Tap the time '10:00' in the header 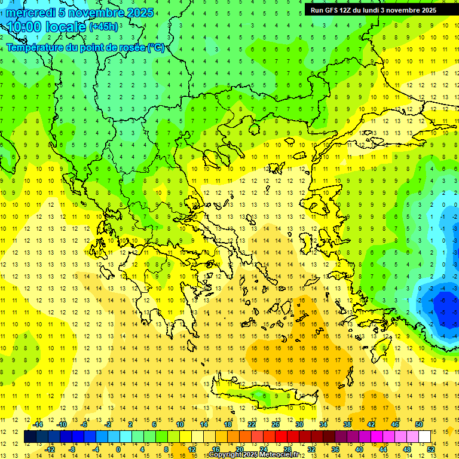tap(24, 27)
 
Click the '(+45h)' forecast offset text tap(103, 27)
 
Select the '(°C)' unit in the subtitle tap(155, 47)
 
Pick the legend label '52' tap(431, 449)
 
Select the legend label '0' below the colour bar tap(118, 449)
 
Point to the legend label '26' tap(276, 424)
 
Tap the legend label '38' tap(347, 424)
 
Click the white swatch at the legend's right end tap(424, 436)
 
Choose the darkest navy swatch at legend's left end tap(30, 436)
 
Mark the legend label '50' tap(419, 424)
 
